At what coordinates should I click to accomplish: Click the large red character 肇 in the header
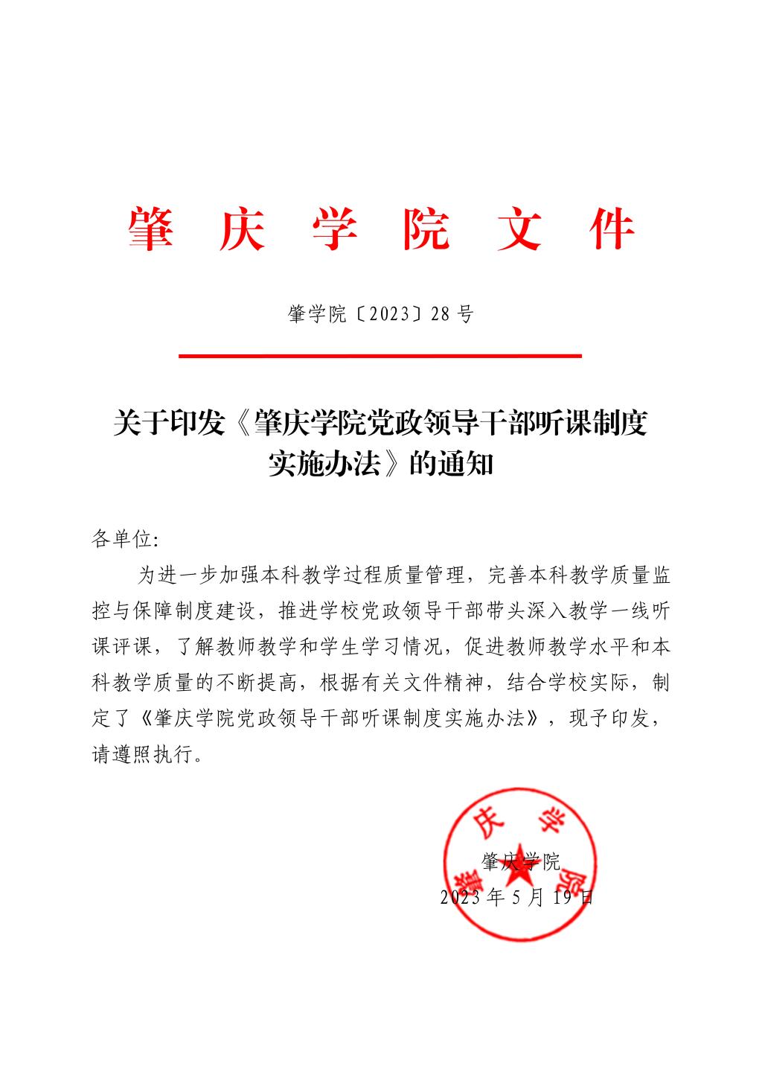coord(151,229)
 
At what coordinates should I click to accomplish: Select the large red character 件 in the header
coord(611,229)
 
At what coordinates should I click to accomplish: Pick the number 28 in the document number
coord(440,315)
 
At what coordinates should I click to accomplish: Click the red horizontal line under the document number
coord(380,357)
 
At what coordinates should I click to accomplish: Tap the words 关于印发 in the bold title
coord(168,424)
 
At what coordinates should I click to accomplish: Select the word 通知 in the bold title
coord(466,465)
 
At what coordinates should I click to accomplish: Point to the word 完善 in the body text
coord(505,575)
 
